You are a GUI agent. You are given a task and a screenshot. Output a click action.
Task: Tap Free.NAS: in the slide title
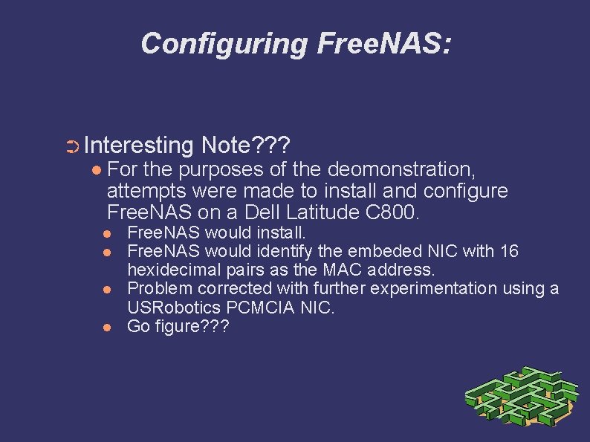pos(383,44)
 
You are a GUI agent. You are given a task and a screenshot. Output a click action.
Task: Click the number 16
pos(509,252)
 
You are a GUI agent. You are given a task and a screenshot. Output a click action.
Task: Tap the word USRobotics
pos(171,307)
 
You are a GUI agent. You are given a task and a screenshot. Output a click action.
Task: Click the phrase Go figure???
pos(178,326)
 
